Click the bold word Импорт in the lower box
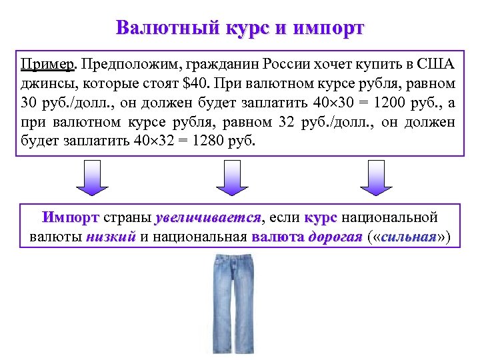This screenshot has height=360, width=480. [x=71, y=218]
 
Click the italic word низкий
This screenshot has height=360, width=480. [x=111, y=237]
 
